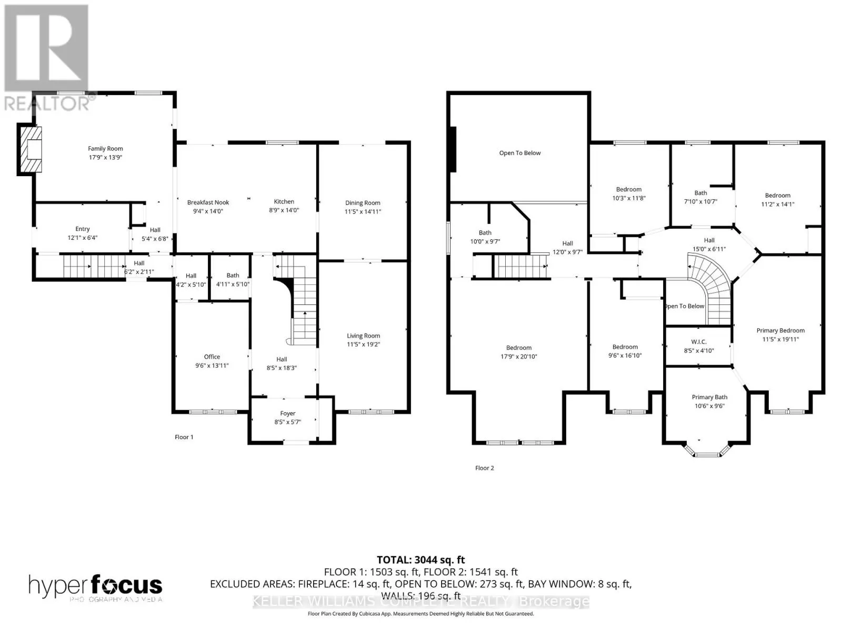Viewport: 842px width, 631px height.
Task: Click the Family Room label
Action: (105, 149)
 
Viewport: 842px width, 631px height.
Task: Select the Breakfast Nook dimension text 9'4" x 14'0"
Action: (208, 211)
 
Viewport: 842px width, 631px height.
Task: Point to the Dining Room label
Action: (363, 202)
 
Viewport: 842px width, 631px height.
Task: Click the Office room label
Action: (212, 357)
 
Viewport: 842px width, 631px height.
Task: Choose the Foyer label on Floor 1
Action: (287, 413)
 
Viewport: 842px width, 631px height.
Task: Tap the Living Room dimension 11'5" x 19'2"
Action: (363, 344)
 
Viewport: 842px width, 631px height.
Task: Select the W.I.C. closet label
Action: (699, 342)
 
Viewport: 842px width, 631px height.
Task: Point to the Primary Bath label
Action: (709, 397)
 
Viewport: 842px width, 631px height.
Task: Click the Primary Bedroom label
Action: (780, 330)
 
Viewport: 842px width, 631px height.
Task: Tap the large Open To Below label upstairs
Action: (520, 153)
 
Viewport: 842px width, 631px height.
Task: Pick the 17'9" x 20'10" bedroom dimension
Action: (518, 357)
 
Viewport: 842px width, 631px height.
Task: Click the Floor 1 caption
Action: (184, 437)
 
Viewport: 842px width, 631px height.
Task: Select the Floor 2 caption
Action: (484, 468)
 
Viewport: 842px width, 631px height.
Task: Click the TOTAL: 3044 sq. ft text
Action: (420, 560)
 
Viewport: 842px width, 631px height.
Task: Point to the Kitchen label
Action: (284, 201)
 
